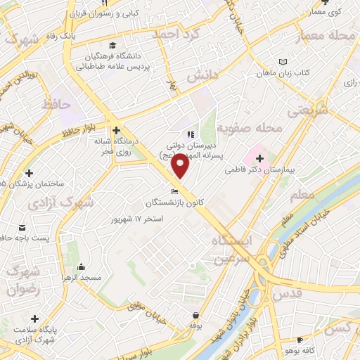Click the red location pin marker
click(x=181, y=166)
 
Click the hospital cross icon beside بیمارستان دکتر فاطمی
click(x=260, y=159)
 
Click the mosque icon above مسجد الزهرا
click(x=82, y=267)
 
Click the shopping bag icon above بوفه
click(x=195, y=315)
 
